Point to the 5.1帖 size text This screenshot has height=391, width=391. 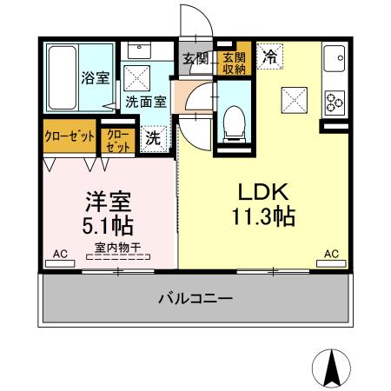tap(108, 227)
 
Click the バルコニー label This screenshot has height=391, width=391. tap(195, 298)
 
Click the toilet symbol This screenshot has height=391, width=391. tap(233, 123)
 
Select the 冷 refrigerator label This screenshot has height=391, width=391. tap(270, 57)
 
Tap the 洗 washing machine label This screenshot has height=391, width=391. tap(153, 136)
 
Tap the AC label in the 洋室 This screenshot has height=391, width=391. tap(60, 254)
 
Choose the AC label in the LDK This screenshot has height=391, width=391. tap(331, 254)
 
